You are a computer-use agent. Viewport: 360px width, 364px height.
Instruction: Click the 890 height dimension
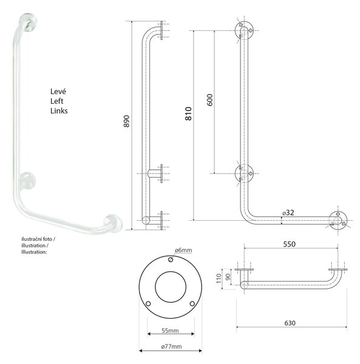click(126, 121)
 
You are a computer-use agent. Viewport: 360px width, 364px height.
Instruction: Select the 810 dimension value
click(188, 113)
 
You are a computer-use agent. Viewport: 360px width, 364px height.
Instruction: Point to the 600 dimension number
click(209, 100)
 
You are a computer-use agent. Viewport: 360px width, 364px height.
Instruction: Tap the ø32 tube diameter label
click(288, 213)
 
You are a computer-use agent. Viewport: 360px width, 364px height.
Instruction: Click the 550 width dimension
click(289, 244)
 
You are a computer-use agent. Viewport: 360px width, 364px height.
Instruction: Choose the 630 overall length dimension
click(290, 323)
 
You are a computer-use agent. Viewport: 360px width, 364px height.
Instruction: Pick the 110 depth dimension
click(219, 278)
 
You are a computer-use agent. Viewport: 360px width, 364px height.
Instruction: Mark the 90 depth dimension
click(228, 277)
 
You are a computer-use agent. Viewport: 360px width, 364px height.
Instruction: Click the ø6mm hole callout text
click(183, 250)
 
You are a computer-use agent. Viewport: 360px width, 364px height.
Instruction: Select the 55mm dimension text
click(170, 331)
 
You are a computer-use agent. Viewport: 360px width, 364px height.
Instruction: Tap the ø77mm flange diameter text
click(171, 346)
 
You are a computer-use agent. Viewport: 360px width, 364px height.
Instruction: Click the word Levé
click(58, 91)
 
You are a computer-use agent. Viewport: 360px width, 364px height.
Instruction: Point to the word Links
click(59, 111)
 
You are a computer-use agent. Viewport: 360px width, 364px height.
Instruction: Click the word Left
click(56, 101)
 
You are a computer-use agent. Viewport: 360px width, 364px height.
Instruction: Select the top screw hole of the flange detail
click(171, 260)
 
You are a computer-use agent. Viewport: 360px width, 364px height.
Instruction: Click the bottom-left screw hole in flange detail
click(148, 304)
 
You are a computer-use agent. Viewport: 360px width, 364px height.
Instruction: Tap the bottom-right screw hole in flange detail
click(192, 304)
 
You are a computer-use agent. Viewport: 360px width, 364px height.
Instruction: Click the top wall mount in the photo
click(28, 22)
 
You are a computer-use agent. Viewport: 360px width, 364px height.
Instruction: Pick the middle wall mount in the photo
click(28, 181)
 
